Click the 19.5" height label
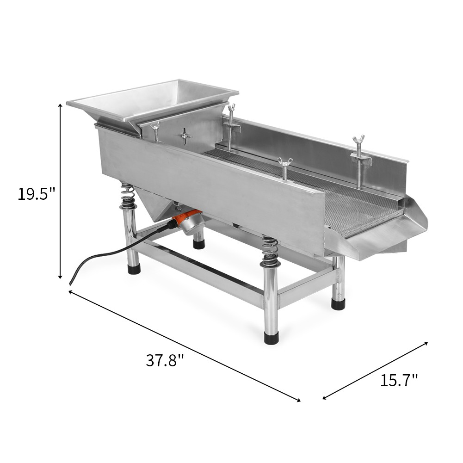click(37, 193)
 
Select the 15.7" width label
click(399, 380)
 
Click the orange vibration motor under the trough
click(190, 221)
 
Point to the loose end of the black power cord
click(71, 282)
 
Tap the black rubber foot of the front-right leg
click(272, 338)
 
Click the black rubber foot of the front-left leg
click(134, 269)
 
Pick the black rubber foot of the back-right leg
click(338, 304)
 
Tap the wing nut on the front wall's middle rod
click(284, 161)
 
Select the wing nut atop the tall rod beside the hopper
click(231, 108)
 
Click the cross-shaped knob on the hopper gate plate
click(185, 136)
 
